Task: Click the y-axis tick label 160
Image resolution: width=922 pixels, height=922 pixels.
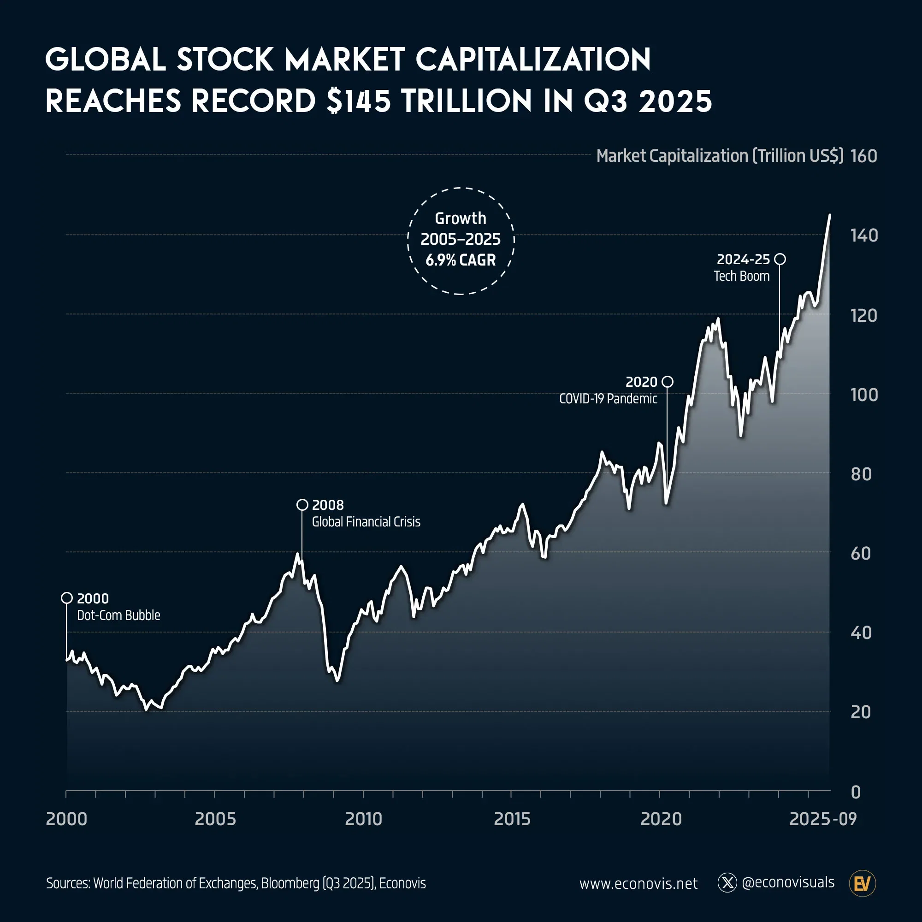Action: coord(864,156)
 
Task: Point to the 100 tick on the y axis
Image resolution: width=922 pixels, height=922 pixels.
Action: coord(864,395)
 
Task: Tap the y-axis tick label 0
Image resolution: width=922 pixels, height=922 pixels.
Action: coord(856,792)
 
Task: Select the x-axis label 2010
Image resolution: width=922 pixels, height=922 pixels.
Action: coord(364,819)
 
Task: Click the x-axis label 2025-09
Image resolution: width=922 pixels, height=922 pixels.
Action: coord(823,819)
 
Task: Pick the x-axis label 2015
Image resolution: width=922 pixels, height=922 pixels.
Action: coord(512,819)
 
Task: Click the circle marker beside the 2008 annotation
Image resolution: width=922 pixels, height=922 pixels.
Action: coord(302,505)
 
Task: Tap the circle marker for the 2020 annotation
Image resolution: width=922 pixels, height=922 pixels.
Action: coord(668,382)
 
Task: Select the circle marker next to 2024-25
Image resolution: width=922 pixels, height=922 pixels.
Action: coord(780,259)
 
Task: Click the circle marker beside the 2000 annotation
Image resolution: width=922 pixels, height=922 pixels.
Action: coord(67,598)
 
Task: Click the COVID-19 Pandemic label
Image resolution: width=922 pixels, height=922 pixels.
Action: coord(608,399)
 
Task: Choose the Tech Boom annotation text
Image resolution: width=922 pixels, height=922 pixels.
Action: coord(742,276)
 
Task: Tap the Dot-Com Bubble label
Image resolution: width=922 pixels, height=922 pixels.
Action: coord(118,615)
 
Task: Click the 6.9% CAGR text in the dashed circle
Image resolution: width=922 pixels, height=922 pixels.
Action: coord(461,260)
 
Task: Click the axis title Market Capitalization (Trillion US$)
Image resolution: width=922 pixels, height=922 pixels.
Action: coord(720,156)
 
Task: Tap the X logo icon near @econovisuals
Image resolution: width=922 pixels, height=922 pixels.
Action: coord(727,883)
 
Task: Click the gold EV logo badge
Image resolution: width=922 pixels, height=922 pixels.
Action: coord(863,883)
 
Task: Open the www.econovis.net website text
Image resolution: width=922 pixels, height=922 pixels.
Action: coord(638,884)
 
